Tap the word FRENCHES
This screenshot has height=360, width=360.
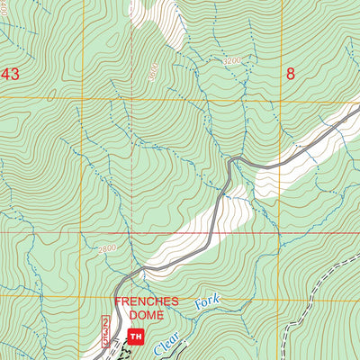(146, 301)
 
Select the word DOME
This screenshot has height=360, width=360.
(146, 315)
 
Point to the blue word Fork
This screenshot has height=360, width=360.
(206, 303)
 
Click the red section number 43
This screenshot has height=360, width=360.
(11, 73)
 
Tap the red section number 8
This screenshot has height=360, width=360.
(290, 73)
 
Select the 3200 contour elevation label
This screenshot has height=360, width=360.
(233, 61)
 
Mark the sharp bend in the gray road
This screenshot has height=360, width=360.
(232, 161)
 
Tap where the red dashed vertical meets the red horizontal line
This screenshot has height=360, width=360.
(131, 232)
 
